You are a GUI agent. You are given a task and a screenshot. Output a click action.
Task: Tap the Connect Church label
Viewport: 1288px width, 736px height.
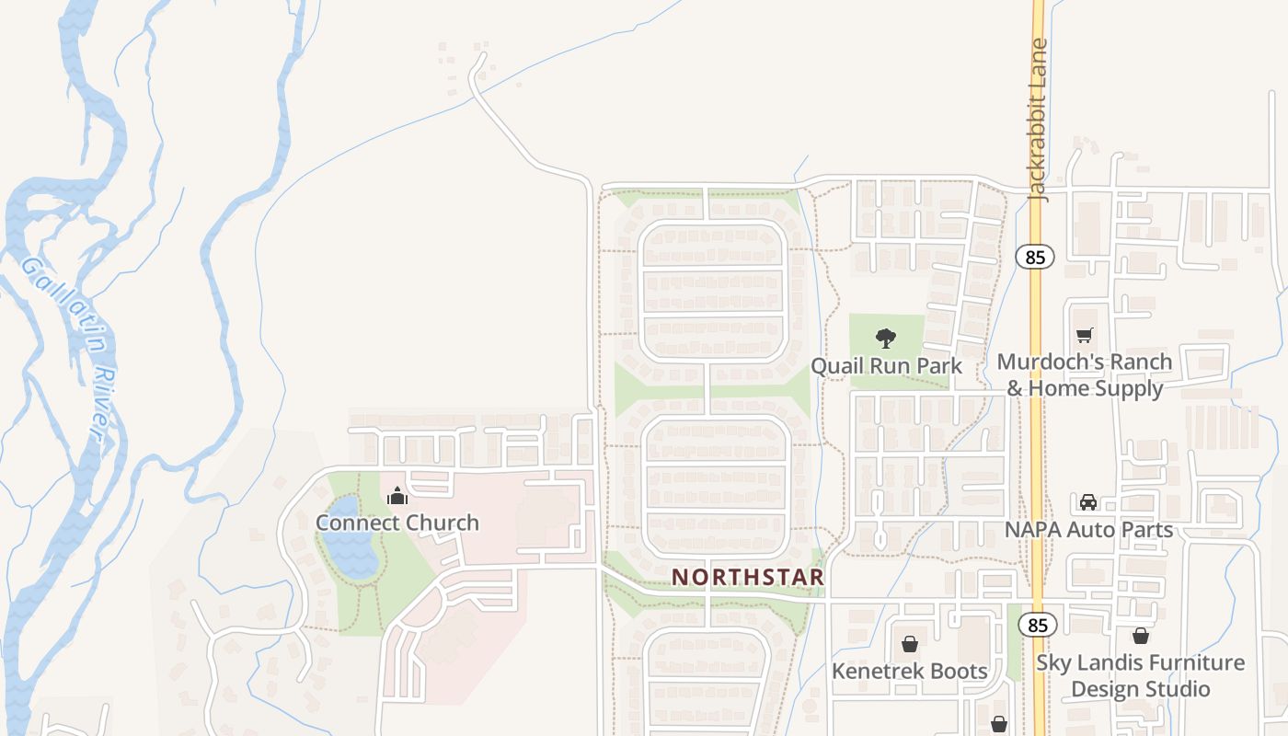click(397, 523)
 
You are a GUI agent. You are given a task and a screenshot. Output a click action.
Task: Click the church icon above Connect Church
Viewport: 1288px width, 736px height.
click(397, 497)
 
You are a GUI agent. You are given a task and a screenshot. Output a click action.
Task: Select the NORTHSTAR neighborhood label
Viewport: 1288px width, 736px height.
click(748, 577)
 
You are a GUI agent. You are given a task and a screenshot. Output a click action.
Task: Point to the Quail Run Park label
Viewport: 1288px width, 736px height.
click(886, 366)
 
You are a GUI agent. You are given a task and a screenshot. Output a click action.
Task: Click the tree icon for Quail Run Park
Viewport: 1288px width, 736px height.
click(886, 339)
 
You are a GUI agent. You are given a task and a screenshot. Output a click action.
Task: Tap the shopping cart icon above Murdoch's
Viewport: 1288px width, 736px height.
click(1086, 336)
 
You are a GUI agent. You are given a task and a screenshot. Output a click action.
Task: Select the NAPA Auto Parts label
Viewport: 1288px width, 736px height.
click(1088, 530)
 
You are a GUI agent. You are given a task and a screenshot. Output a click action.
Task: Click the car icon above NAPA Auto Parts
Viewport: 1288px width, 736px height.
click(1088, 502)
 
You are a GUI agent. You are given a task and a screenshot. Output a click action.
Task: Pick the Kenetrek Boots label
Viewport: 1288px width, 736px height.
click(910, 671)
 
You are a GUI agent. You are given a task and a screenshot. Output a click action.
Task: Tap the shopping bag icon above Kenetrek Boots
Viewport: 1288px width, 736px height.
click(910, 644)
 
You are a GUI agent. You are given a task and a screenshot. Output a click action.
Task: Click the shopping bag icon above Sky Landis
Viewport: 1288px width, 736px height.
click(1141, 636)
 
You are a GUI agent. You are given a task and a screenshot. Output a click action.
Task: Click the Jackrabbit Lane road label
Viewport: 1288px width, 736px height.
click(1039, 120)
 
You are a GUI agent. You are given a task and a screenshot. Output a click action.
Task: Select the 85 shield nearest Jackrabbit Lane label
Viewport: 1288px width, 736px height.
click(1036, 257)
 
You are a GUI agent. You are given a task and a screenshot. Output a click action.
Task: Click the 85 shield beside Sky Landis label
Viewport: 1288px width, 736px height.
click(1038, 626)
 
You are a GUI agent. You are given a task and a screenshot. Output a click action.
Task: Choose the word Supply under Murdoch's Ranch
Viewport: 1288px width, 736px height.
click(1130, 388)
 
